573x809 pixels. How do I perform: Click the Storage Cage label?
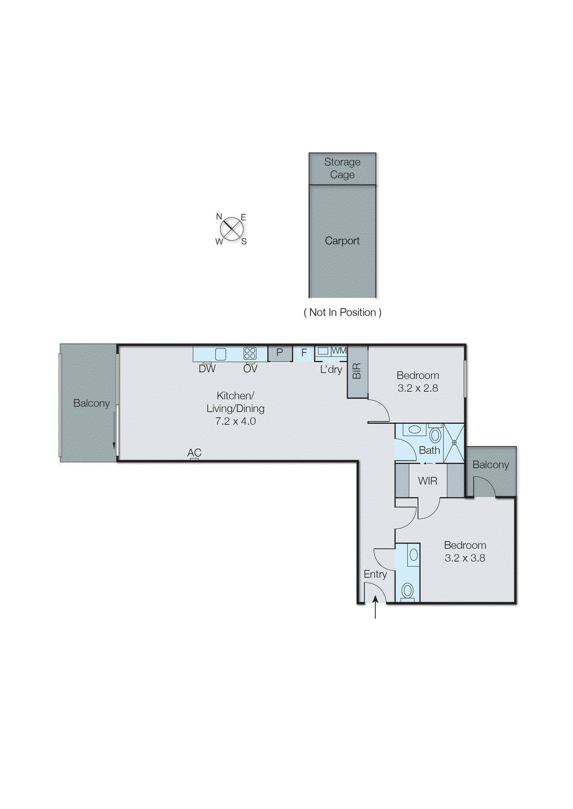coord(342,168)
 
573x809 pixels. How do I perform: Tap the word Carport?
coord(342,241)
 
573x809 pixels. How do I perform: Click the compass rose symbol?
coord(232,230)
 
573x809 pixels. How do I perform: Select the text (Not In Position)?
coord(342,312)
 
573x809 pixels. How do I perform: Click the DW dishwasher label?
coord(207,369)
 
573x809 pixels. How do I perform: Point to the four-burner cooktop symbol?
coord(250,353)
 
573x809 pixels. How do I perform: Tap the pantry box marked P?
coord(280,352)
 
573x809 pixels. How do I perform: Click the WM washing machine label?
coord(339,350)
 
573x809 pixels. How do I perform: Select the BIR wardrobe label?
coord(357,371)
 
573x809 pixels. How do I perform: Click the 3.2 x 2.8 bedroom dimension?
coord(418,388)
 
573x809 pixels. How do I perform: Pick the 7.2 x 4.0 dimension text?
coord(235,421)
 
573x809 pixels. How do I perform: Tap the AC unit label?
coord(194,453)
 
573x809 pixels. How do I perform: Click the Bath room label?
coord(429,450)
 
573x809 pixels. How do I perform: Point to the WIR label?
coord(428,481)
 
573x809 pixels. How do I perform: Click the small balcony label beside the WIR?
coord(491,465)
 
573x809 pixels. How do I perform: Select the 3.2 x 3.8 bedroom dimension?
coord(465,558)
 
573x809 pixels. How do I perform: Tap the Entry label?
coord(375,574)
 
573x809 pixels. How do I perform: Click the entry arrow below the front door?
coord(375,606)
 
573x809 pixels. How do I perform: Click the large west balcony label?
coord(91,403)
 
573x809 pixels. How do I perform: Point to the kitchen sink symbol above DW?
coord(221,353)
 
